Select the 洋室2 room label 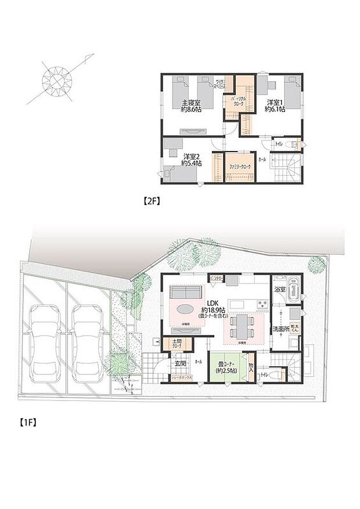191,160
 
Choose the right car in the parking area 88,340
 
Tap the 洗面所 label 282,329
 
